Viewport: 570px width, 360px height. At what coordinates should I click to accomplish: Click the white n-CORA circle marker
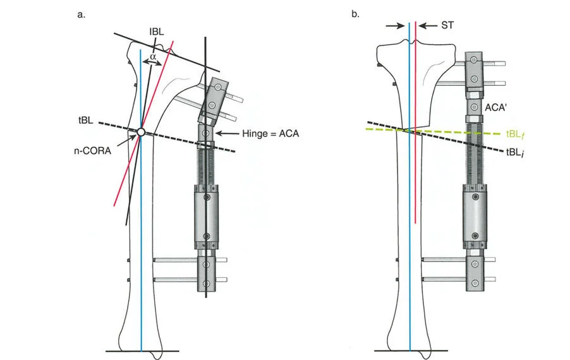(x=141, y=132)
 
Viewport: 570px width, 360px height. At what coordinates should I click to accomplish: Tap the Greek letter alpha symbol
(x=152, y=56)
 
